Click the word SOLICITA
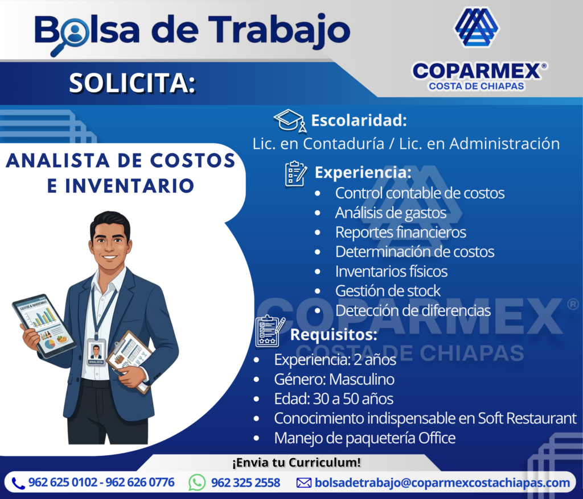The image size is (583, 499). (132, 83)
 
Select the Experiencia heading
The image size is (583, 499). (363, 172)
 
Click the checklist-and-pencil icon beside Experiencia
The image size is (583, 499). (296, 173)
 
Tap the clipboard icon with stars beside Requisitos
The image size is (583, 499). (270, 331)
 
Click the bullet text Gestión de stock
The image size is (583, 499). (388, 291)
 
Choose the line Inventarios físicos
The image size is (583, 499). (391, 271)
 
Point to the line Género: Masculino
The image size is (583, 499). (334, 379)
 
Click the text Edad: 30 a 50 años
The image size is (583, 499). (334, 399)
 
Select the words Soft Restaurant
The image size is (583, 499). (527, 418)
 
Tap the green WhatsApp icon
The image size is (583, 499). (197, 483)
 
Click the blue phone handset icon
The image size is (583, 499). (18, 484)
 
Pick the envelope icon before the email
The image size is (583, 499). (304, 483)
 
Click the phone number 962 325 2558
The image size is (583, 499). (245, 483)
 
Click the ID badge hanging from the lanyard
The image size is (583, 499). (96, 352)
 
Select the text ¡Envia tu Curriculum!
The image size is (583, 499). (296, 463)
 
